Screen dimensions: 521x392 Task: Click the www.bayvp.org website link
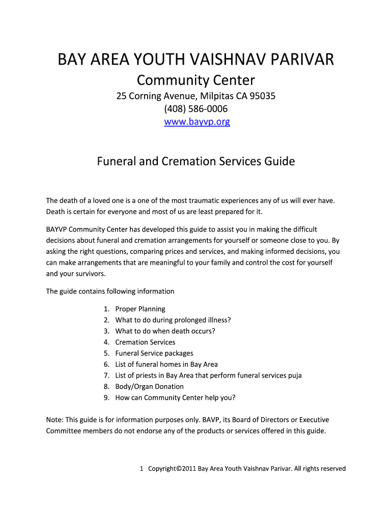(196, 122)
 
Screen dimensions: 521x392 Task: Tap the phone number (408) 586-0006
(196, 109)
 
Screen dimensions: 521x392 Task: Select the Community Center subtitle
(196, 80)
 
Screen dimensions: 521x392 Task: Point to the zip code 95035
(263, 96)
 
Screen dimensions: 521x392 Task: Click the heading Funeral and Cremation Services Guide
(196, 162)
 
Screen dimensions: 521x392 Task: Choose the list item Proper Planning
(140, 309)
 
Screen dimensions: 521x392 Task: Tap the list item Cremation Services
(145, 342)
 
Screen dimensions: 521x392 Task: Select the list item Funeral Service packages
(154, 353)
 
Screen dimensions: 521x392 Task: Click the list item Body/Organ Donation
(150, 387)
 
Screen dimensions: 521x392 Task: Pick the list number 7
(106, 375)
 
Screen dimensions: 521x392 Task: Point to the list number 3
(106, 331)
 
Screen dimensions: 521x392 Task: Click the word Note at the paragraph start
(54, 420)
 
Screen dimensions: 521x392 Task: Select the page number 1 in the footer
(142, 469)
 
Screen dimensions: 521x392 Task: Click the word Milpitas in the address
(208, 96)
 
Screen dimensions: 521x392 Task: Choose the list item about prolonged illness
(173, 320)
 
